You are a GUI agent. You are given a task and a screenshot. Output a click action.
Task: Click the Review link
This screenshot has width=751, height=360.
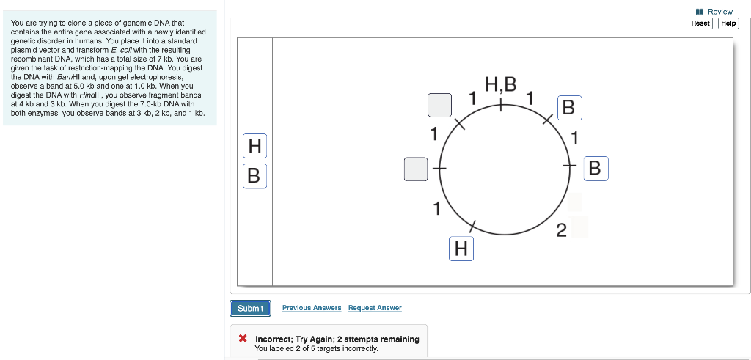719,12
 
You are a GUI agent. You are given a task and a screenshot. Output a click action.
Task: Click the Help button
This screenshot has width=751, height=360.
728,23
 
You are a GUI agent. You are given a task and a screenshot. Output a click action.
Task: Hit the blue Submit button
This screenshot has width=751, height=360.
250,309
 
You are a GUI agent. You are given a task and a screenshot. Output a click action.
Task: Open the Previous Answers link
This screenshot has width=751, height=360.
312,308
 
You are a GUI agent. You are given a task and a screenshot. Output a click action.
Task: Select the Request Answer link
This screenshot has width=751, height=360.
375,308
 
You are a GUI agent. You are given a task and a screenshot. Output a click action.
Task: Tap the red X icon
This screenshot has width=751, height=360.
243,339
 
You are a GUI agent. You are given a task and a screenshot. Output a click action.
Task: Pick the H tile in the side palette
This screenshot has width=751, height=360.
254,147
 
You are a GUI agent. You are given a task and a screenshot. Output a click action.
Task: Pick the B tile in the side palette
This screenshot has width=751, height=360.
254,176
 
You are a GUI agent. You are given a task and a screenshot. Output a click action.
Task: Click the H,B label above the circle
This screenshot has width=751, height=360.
501,83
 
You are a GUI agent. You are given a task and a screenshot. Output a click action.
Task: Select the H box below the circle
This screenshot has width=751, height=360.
461,249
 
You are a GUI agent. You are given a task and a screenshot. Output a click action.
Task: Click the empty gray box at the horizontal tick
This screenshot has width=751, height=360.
416,169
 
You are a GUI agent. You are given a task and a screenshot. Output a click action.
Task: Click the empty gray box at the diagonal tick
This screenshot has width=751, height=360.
440,105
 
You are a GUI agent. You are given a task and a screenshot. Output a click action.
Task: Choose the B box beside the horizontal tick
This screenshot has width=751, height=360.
595,169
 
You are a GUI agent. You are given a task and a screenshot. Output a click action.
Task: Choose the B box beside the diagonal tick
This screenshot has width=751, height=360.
568,108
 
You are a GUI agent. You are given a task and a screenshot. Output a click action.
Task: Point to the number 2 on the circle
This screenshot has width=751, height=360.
561,232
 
